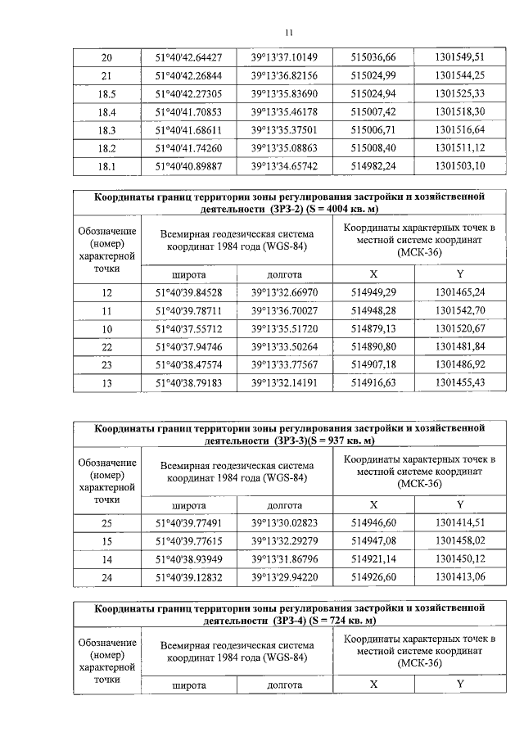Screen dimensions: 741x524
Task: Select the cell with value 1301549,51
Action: (460, 57)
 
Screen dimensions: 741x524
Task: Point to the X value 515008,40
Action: (373, 148)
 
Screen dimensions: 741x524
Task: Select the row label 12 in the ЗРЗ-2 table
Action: (106, 292)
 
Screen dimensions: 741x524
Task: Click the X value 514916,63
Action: (373, 382)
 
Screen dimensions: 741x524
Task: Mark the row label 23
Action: (106, 364)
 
